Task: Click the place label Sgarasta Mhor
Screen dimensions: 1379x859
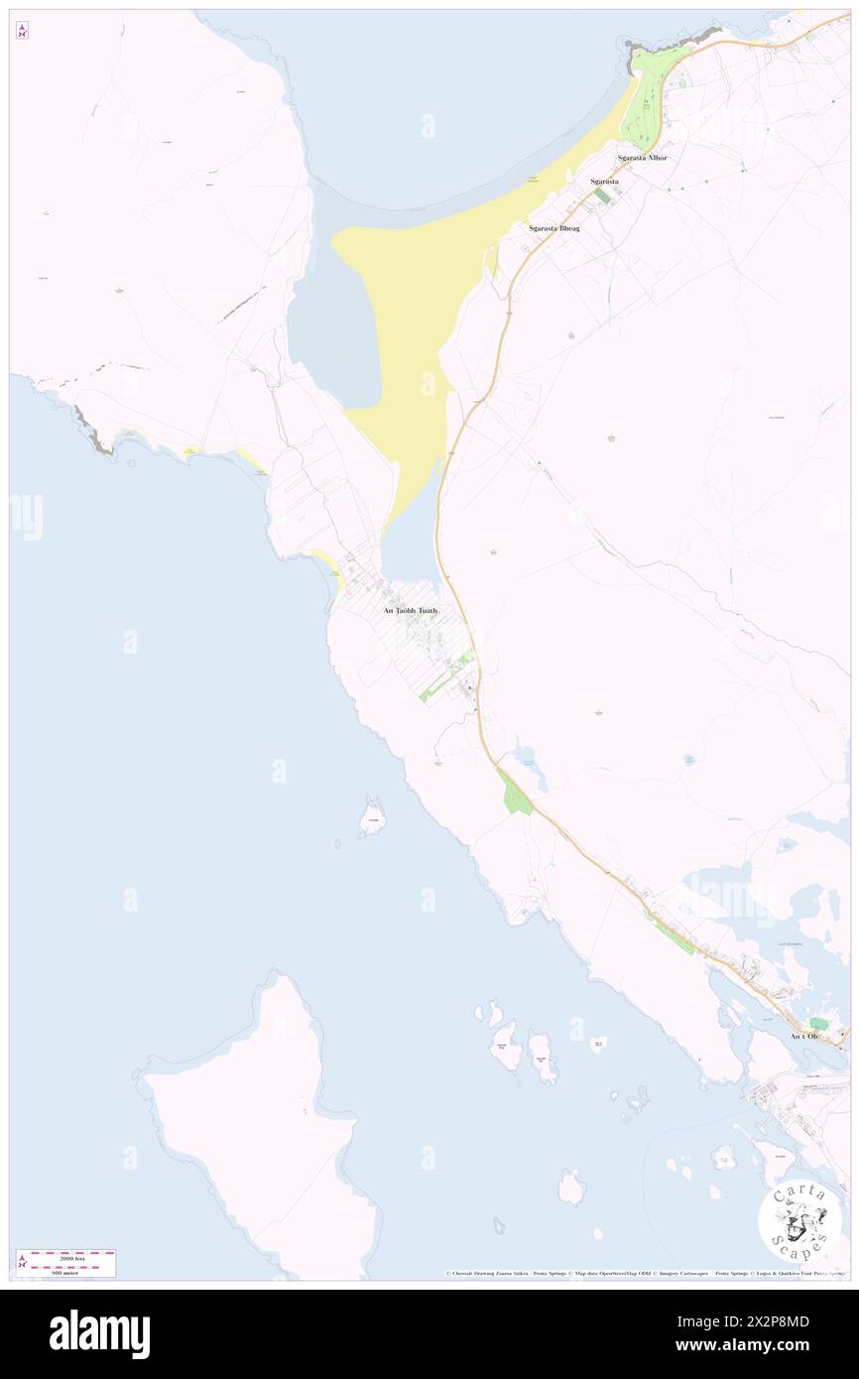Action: pyautogui.click(x=642, y=158)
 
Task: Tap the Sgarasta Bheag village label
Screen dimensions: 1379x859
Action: pyautogui.click(x=554, y=228)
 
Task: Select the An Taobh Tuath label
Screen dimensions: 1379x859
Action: pyautogui.click(x=411, y=611)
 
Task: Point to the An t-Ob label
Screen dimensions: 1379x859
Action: pyautogui.click(x=804, y=1037)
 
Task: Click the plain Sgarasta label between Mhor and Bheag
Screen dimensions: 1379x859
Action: pyautogui.click(x=604, y=182)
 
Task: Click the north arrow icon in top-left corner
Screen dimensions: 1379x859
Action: pyautogui.click(x=22, y=31)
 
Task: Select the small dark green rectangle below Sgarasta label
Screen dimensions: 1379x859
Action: pyautogui.click(x=602, y=196)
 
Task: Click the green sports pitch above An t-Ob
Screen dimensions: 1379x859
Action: pyautogui.click(x=818, y=1023)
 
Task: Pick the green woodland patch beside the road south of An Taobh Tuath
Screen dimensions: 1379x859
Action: pyautogui.click(x=516, y=795)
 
